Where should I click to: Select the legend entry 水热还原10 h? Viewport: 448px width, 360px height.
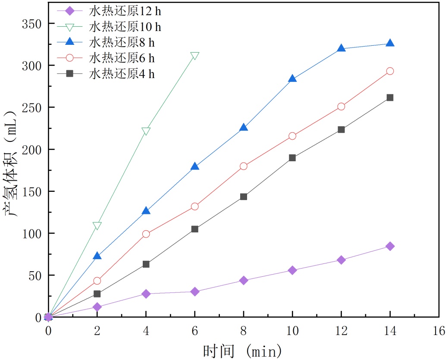[x=125, y=27]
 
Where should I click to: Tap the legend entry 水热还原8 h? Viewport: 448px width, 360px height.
[x=122, y=42]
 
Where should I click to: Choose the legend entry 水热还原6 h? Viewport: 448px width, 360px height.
[x=122, y=58]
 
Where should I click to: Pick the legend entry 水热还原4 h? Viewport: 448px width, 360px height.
[x=122, y=74]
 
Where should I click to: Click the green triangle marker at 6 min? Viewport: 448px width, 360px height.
[x=195, y=56]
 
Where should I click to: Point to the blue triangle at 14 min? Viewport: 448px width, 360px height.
[x=390, y=43]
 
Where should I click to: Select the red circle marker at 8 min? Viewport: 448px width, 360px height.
[x=244, y=166]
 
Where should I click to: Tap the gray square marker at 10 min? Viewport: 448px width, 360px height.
[x=292, y=158]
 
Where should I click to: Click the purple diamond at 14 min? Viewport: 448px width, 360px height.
[x=390, y=246]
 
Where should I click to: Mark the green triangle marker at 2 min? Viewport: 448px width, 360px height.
[x=97, y=225]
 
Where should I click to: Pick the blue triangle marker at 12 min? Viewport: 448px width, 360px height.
[x=341, y=48]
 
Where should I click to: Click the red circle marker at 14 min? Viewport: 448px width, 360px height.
[x=390, y=71]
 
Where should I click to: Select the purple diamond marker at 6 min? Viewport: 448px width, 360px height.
[x=195, y=292]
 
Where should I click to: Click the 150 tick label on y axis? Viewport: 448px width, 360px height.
[x=32, y=191]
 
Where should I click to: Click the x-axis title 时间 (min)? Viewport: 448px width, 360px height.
[x=242, y=350]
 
